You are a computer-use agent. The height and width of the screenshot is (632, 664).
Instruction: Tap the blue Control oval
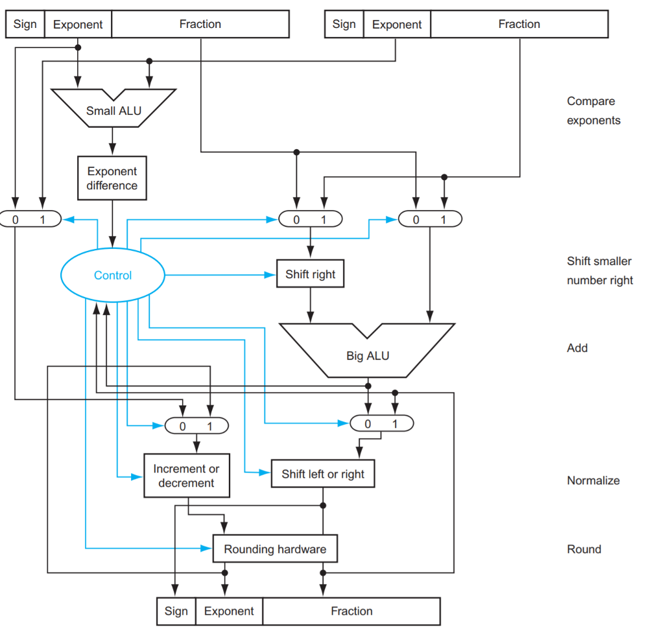[x=113, y=275]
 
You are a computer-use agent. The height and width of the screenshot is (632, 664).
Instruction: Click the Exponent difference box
[x=112, y=178]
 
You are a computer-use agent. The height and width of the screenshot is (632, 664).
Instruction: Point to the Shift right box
[x=311, y=274]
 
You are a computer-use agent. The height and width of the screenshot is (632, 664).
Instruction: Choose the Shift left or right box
[x=323, y=474]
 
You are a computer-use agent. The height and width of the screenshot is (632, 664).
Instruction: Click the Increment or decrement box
[x=186, y=476]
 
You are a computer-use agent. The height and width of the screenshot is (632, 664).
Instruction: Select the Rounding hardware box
[x=275, y=549]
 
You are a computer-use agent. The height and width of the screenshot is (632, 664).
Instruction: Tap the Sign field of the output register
[x=176, y=611]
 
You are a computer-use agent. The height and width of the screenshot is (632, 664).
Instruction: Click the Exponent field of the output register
[x=229, y=611]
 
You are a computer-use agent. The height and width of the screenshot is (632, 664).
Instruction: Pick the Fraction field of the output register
[x=351, y=611]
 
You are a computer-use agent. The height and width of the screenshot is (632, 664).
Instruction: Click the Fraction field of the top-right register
[x=519, y=25]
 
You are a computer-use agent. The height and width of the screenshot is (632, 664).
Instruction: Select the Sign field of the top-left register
[x=25, y=25]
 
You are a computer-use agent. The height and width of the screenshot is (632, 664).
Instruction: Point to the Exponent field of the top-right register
[x=397, y=25]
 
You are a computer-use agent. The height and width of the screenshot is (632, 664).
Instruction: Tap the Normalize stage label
[x=593, y=480]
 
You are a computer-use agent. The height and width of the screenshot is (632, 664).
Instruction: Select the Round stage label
[x=584, y=549]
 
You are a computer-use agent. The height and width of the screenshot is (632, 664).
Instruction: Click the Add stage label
[x=577, y=348]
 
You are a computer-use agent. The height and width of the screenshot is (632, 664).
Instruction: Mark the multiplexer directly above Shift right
[x=310, y=219]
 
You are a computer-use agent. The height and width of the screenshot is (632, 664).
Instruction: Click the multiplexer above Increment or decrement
[x=196, y=426]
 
